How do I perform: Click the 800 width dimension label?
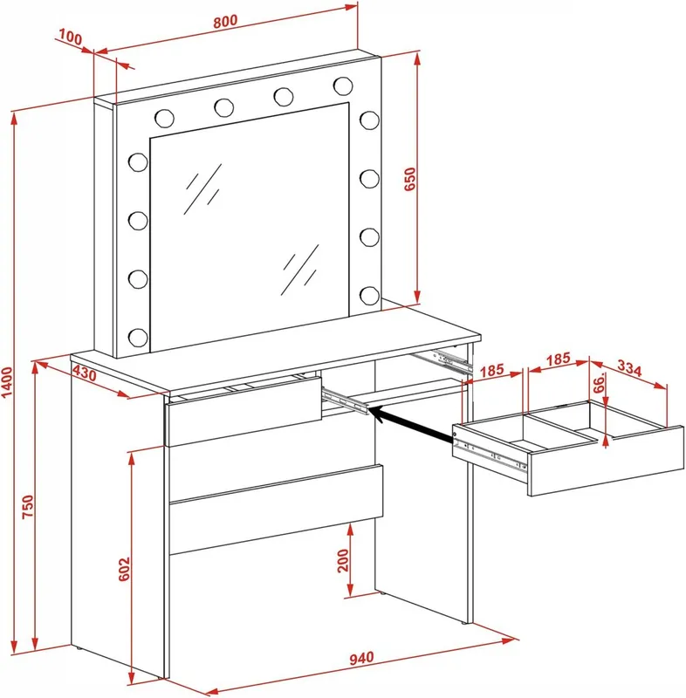tap(225, 21)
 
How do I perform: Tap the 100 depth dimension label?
tap(71, 38)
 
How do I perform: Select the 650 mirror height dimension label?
tap(409, 179)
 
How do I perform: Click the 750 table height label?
tap(28, 506)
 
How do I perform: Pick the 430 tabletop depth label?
tap(84, 373)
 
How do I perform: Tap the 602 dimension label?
tap(124, 569)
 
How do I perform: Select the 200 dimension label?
tap(343, 560)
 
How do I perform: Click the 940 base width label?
tap(361, 658)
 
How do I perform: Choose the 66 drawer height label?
tap(600, 383)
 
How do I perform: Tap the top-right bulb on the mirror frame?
tap(343, 86)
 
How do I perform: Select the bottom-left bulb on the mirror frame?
tap(138, 338)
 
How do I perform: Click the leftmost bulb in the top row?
tap(164, 118)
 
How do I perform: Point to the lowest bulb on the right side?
tap(369, 296)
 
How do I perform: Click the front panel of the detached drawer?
tap(606, 462)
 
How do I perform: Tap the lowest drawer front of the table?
tap(277, 510)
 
